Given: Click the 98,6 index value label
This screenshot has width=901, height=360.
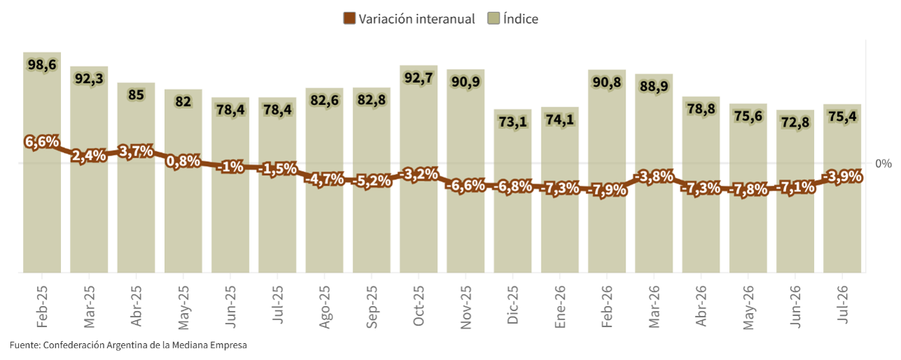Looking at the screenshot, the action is pyautogui.click(x=42, y=64).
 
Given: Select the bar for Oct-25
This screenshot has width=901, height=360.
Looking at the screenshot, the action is pyautogui.click(x=418, y=169).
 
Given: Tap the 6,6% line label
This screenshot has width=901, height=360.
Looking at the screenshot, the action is pyautogui.click(x=42, y=141).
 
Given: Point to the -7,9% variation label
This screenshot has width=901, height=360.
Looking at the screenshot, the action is pyautogui.click(x=607, y=189).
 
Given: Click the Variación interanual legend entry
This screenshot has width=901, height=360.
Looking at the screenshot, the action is pyautogui.click(x=409, y=18).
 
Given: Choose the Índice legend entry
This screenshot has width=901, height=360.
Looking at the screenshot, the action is pyautogui.click(x=513, y=18).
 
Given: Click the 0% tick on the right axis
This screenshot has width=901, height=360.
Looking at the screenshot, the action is pyautogui.click(x=883, y=163).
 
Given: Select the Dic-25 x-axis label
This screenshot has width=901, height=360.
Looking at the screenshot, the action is pyautogui.click(x=513, y=305).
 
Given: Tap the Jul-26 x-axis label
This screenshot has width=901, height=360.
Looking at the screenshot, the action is pyautogui.click(x=842, y=304).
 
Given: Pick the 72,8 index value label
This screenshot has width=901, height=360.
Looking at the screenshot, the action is pyautogui.click(x=795, y=122).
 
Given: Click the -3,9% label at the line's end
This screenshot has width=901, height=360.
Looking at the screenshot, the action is pyautogui.click(x=842, y=176).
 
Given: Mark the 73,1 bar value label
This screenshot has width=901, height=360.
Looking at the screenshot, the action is pyautogui.click(x=513, y=121).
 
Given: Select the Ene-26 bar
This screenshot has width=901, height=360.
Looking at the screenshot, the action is pyautogui.click(x=560, y=190).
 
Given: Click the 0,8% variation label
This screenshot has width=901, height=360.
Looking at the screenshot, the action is pyautogui.click(x=184, y=161).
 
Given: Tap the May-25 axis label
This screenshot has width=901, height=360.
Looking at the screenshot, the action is pyautogui.click(x=184, y=307).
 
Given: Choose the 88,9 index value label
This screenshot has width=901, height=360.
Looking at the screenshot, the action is pyautogui.click(x=654, y=85).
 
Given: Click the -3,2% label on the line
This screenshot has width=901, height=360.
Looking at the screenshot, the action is pyautogui.click(x=418, y=174).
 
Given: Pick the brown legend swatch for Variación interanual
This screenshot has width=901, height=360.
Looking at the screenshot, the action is pyautogui.click(x=349, y=18).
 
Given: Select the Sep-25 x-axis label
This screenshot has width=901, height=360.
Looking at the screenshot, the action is pyautogui.click(x=371, y=307).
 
